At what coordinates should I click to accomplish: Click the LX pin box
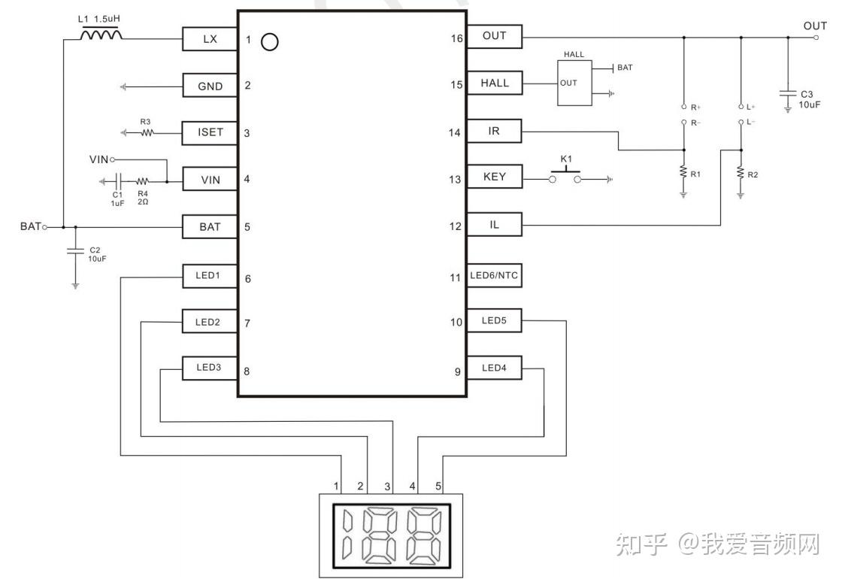[210, 39]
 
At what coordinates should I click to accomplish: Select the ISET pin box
[210, 132]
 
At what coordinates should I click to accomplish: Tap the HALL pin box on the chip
[495, 83]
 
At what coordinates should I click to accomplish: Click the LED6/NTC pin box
[494, 275]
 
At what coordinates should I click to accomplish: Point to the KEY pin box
[495, 177]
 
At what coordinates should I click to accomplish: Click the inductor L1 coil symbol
[101, 35]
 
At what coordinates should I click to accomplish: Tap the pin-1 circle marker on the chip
[270, 42]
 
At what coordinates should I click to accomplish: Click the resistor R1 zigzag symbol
[683, 172]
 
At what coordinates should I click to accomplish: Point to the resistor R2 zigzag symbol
[741, 173]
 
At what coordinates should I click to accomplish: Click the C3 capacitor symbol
[788, 93]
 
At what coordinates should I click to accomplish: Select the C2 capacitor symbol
[75, 250]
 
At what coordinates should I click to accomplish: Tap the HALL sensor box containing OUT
[574, 83]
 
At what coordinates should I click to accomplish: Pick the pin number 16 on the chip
[456, 38]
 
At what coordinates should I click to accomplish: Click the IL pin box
[495, 225]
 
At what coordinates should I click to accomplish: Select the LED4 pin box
[495, 368]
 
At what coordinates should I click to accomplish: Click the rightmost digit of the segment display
[424, 535]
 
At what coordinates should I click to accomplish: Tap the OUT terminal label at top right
[815, 26]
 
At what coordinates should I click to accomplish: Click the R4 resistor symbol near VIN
[142, 181]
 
